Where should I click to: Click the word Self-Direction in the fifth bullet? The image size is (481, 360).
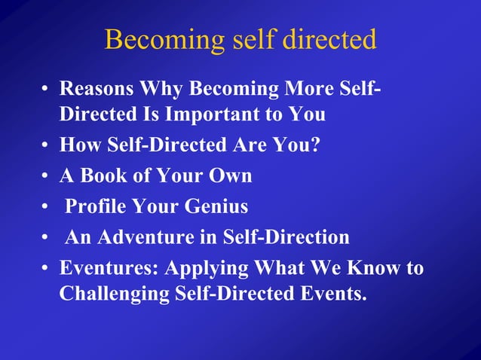tap(286, 238)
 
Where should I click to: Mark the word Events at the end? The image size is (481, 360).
tap(335, 293)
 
